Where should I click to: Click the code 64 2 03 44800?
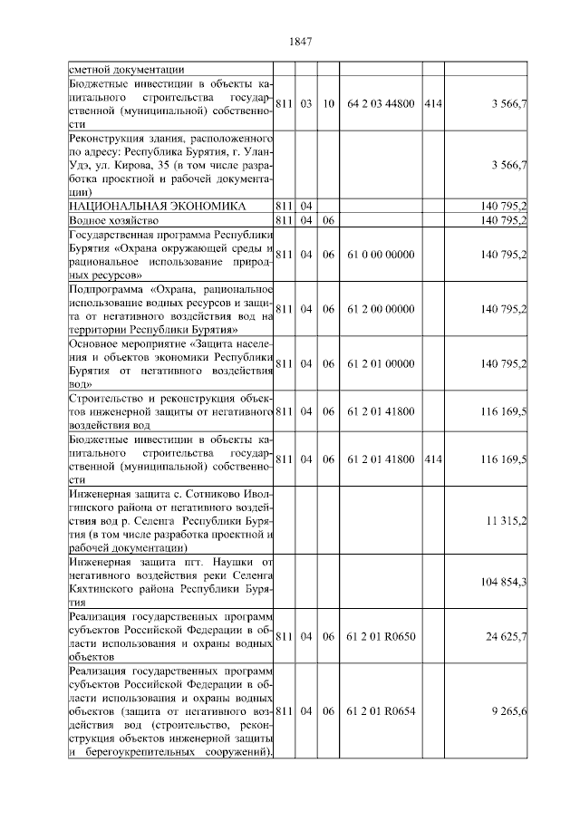pos(380,104)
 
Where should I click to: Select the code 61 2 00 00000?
pos(380,309)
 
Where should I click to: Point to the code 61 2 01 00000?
pos(380,363)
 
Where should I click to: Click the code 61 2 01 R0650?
pos(380,636)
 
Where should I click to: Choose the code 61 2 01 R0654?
pos(380,711)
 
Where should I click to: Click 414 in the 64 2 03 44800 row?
pos(432,104)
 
